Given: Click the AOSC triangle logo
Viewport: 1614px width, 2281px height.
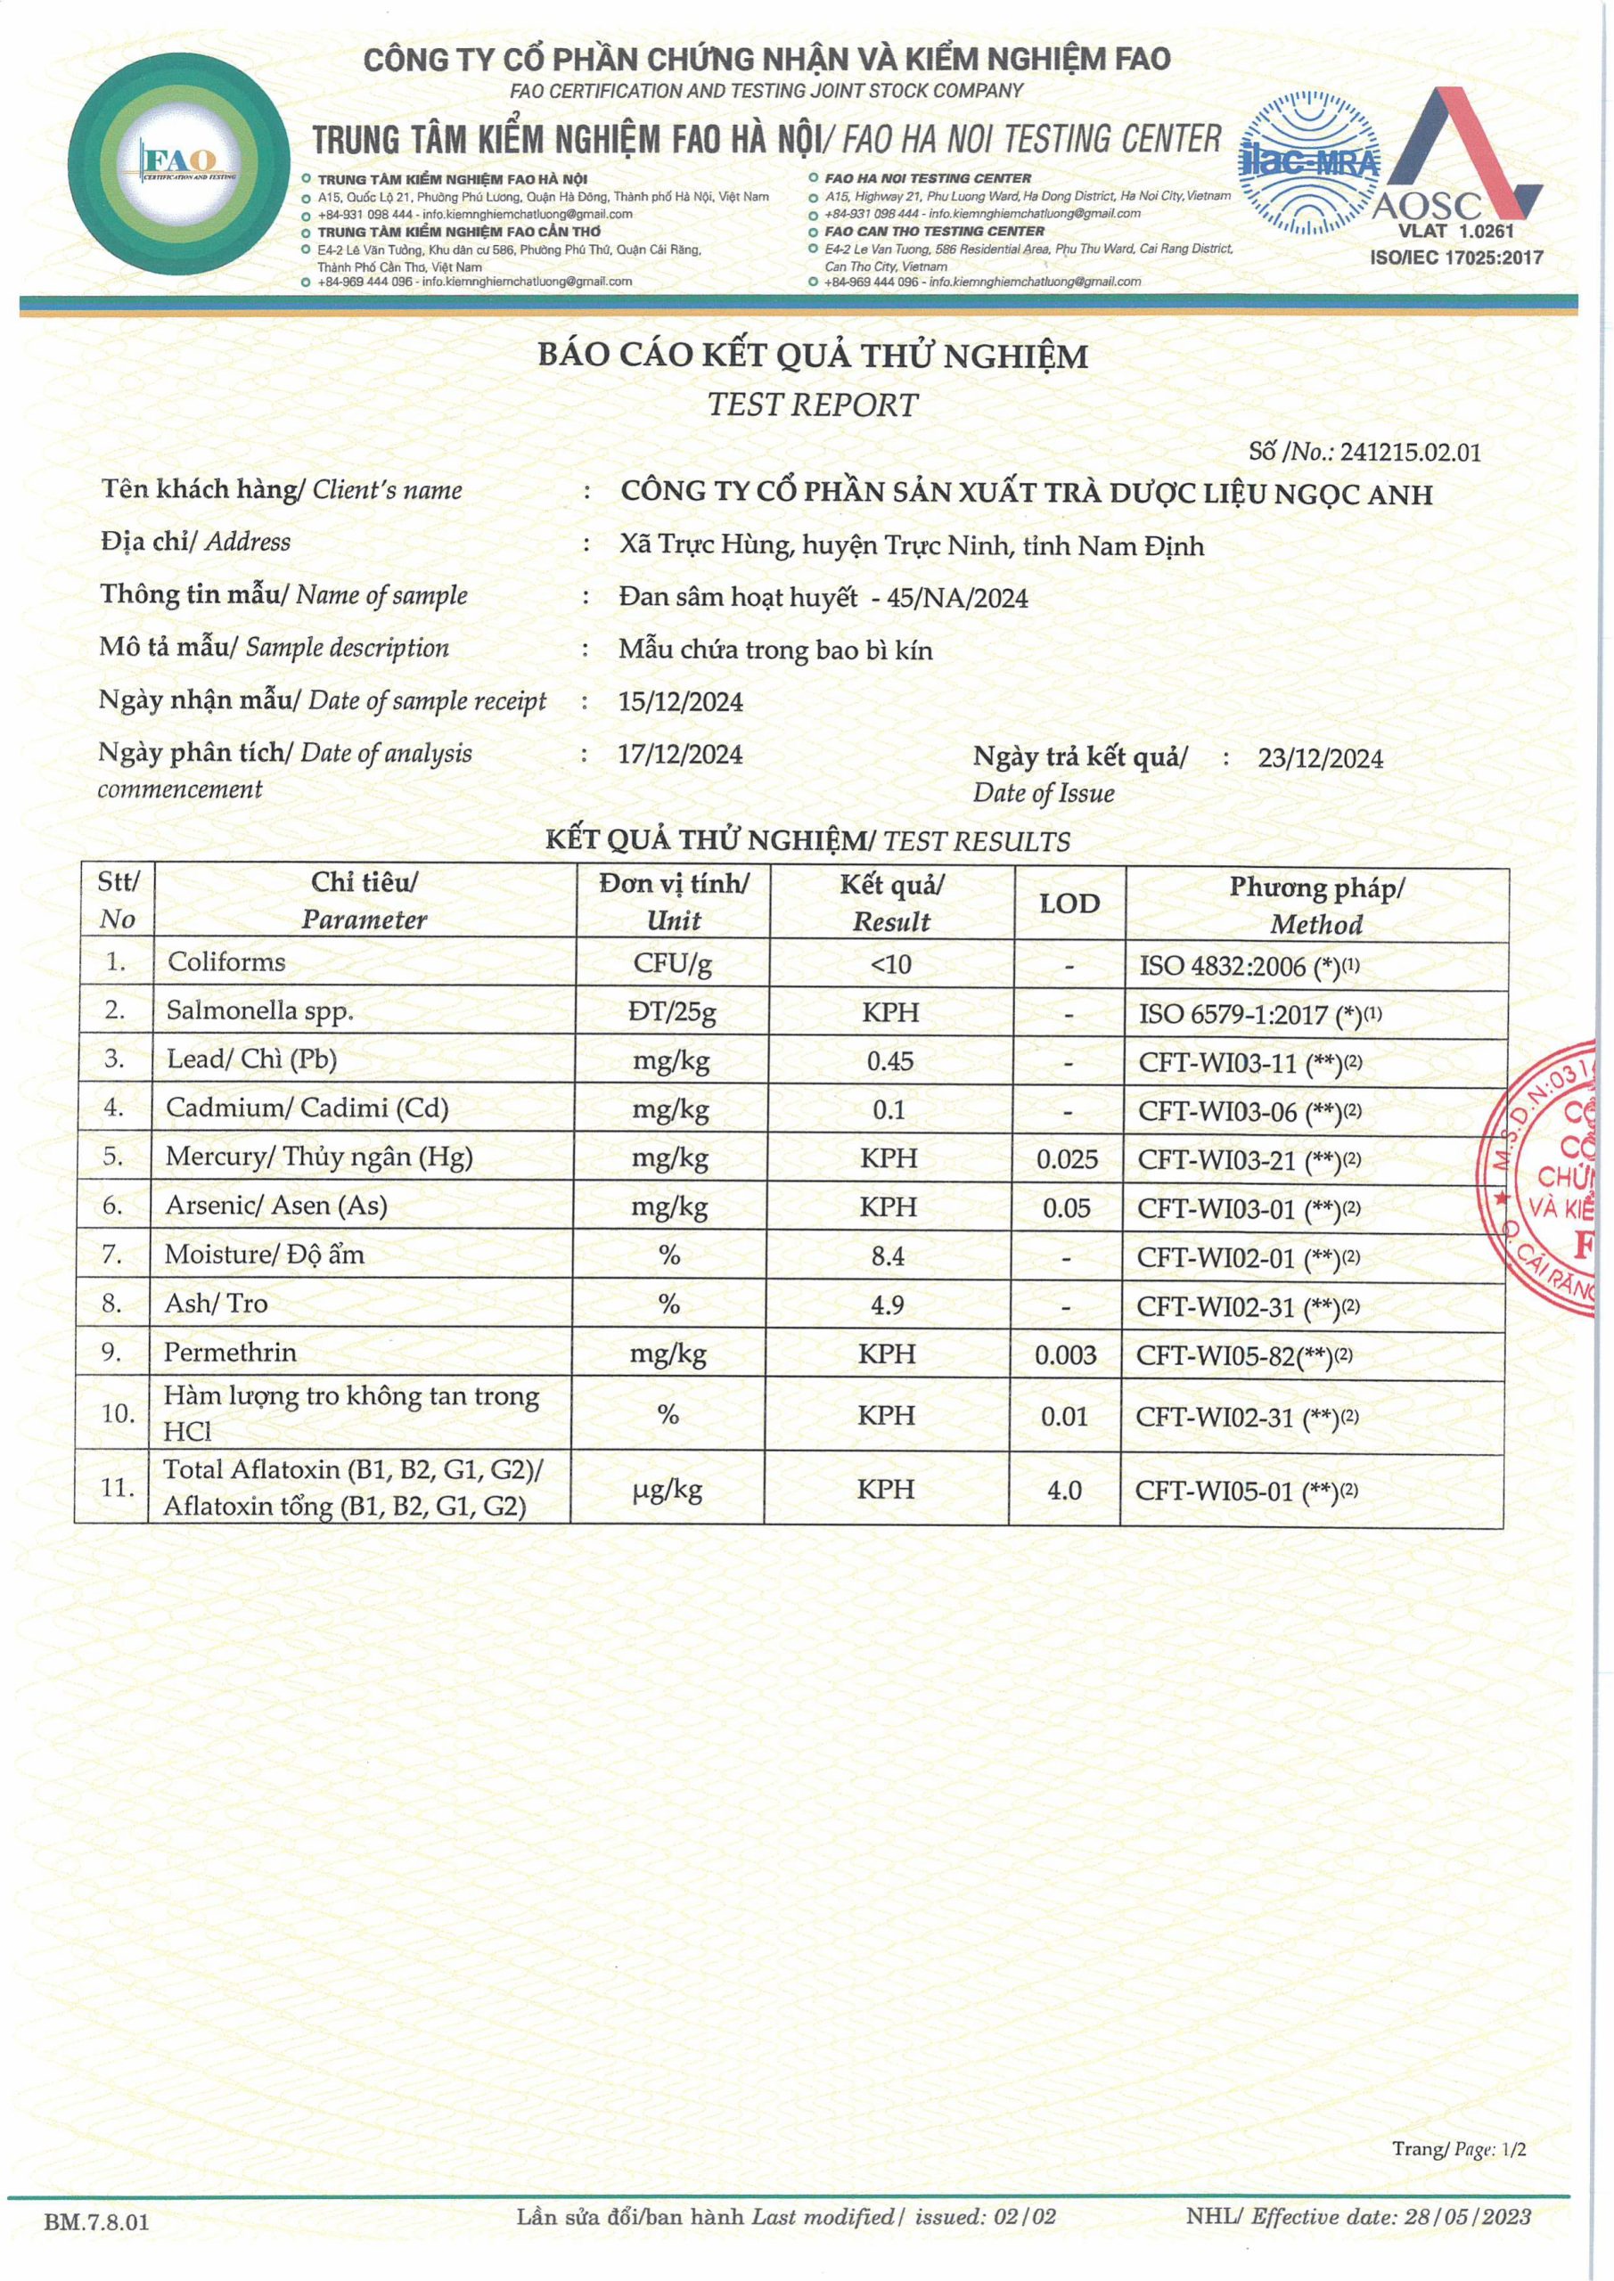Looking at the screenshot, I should point(1457,159).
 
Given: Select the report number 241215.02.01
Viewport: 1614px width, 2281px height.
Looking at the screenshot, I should point(1409,453).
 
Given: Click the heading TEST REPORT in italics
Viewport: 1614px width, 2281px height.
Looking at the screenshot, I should point(812,405).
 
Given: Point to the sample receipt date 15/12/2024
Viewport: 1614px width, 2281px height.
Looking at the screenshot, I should point(680,702).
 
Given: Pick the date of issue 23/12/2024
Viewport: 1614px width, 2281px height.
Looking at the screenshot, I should point(1320,759).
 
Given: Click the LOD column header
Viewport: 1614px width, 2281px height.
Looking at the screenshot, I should point(1069,903).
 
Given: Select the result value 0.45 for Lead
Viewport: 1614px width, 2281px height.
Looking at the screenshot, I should point(889,1061).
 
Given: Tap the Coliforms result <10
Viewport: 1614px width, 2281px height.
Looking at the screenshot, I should point(889,964).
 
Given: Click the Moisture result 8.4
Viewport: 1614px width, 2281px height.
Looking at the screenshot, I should point(888,1255).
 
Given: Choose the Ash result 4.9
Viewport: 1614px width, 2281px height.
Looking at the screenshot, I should point(888,1304).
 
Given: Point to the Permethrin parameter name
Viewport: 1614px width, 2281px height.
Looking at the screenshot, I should point(230,1352).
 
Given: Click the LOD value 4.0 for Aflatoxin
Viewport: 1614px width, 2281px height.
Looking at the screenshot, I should point(1063,1490).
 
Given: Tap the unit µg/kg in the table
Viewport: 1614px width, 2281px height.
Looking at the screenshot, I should point(668,1490).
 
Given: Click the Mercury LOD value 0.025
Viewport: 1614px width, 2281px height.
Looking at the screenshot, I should point(1067,1159).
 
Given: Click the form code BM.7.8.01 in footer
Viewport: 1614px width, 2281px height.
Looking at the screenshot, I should point(96,2222).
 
